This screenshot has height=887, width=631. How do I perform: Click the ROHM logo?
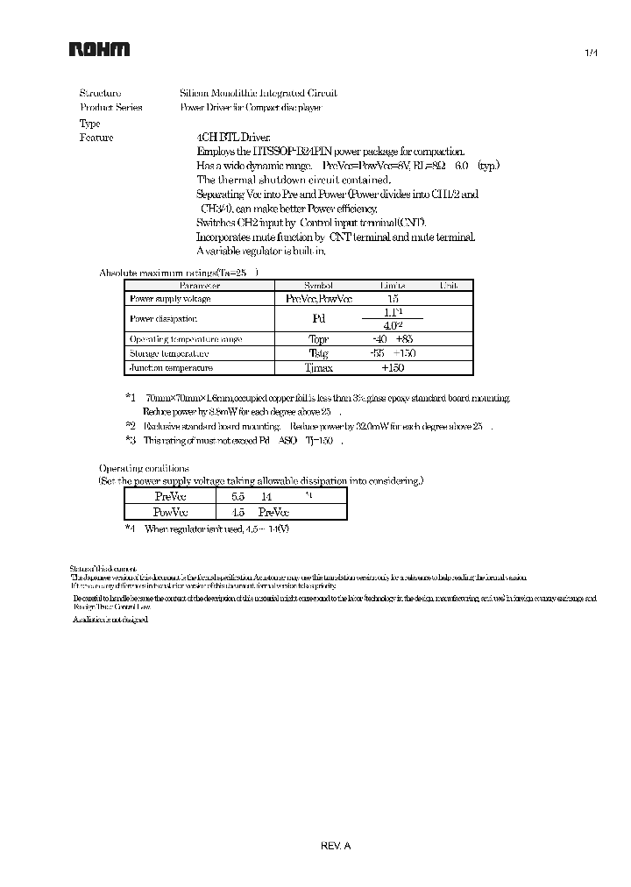coord(100,50)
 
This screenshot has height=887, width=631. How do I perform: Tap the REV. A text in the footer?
coord(336,846)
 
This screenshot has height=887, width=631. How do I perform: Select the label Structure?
coord(100,93)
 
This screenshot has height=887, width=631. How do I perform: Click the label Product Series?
coord(110,108)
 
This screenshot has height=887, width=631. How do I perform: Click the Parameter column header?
coord(200,286)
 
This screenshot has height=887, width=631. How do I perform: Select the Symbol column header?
coord(318,286)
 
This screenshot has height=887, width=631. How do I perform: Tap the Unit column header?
coord(448,286)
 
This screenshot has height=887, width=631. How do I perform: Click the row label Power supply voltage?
coord(170,299)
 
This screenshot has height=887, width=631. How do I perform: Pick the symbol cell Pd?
coord(318,319)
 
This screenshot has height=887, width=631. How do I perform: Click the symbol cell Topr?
coord(318,338)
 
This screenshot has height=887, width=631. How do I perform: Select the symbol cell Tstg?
coord(318,353)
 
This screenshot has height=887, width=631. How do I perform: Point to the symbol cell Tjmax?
coord(318,368)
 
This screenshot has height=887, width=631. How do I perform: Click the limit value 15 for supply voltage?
coord(393,299)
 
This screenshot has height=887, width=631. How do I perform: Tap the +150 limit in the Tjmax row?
coord(393,368)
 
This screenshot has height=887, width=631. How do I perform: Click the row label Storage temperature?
coord(169,353)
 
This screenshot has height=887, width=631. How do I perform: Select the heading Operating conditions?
coord(143,468)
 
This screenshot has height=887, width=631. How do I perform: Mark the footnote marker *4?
coord(130,529)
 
